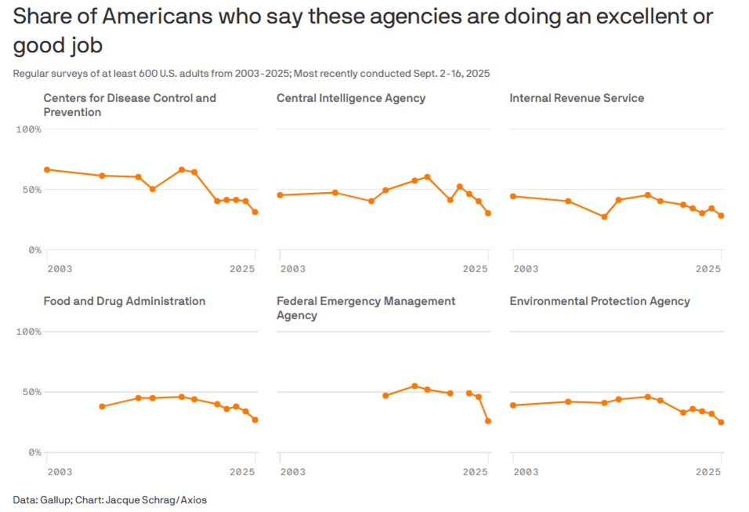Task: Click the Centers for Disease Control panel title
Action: tap(129, 105)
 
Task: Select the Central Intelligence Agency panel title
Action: tap(351, 98)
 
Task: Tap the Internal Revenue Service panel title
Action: tap(577, 98)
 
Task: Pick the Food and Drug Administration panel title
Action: tap(125, 301)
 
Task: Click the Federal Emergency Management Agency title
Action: tap(366, 308)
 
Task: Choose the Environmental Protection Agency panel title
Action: tap(599, 301)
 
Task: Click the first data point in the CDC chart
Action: tap(47, 169)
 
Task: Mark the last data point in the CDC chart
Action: tap(255, 212)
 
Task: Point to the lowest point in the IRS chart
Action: tap(604, 216)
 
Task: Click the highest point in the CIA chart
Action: tap(427, 177)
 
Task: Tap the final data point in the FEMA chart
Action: tap(488, 421)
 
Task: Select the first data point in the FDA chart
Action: tap(102, 406)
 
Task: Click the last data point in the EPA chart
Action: tap(721, 422)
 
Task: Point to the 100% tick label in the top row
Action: tap(28, 129)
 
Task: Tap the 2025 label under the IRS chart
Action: tap(708, 269)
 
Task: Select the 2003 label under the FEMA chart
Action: tap(292, 472)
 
